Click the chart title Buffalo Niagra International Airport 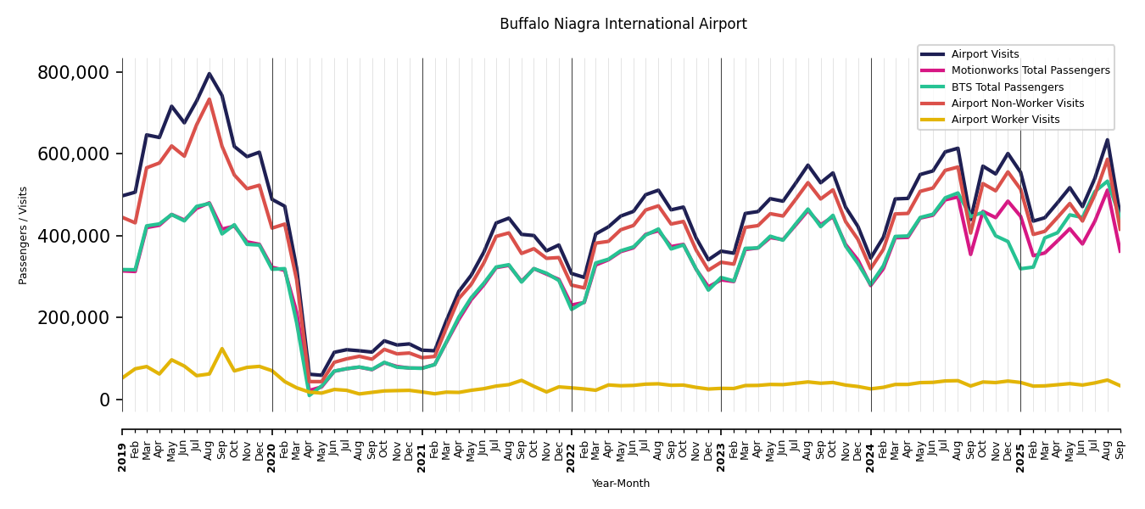click(623, 24)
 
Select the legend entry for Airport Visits click(985, 54)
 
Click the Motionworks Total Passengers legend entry click(1030, 70)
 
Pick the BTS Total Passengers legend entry click(1007, 87)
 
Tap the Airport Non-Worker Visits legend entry click(1017, 103)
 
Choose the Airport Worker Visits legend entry click(1005, 120)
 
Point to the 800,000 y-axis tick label click(74, 73)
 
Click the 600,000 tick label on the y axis click(74, 154)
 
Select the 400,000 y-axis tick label click(74, 236)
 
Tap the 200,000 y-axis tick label click(74, 318)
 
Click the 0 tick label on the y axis click(105, 400)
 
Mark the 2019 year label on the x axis click(122, 445)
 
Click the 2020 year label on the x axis click(272, 445)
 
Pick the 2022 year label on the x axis click(572, 445)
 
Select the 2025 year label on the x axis click(1020, 445)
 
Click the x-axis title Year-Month click(621, 484)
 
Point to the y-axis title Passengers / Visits click(23, 235)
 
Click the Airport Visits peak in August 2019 click(209, 74)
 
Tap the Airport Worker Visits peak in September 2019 click(222, 349)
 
